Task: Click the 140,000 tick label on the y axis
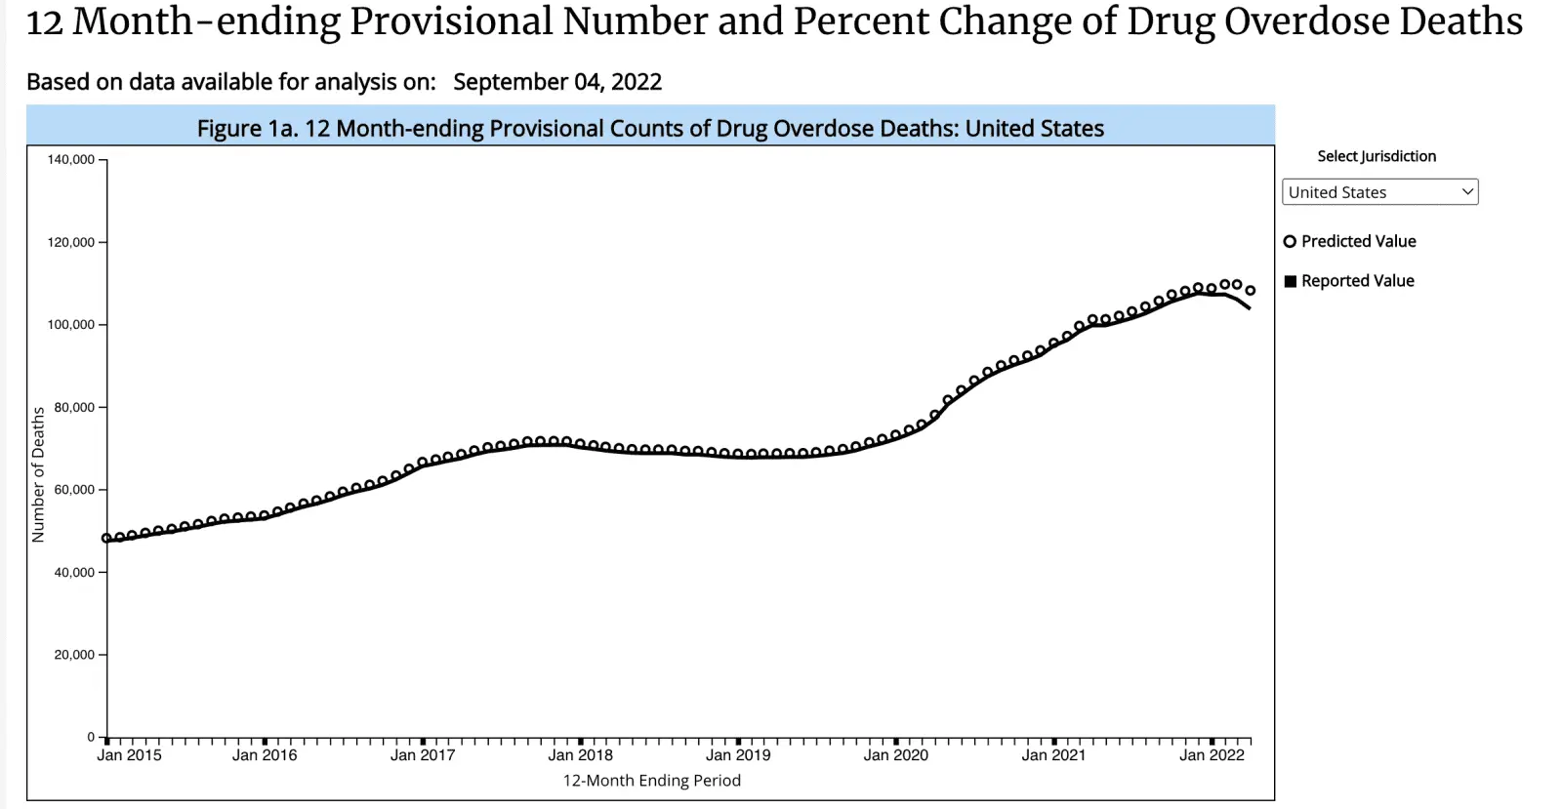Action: coord(70,160)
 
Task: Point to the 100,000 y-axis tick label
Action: coord(70,325)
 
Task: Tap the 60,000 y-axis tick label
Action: coord(73,490)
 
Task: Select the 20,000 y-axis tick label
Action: coord(73,655)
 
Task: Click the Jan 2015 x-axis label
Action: coord(129,755)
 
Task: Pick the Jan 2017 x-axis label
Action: coord(422,755)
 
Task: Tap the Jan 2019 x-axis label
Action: coord(737,755)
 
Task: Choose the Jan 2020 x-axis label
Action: coord(895,755)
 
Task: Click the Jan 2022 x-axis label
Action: coord(1212,755)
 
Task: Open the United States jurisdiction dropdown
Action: coord(1379,192)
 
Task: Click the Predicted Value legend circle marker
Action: coord(1290,242)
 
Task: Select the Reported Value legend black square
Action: coord(1290,281)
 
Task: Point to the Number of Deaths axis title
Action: coord(38,474)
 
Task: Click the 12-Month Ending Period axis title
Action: coord(651,781)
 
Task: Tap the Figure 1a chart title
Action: coord(650,129)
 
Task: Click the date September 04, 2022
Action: coord(557,82)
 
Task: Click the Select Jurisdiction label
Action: coord(1377,156)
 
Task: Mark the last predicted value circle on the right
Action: coord(1250,290)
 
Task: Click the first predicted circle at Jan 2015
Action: coord(106,538)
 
